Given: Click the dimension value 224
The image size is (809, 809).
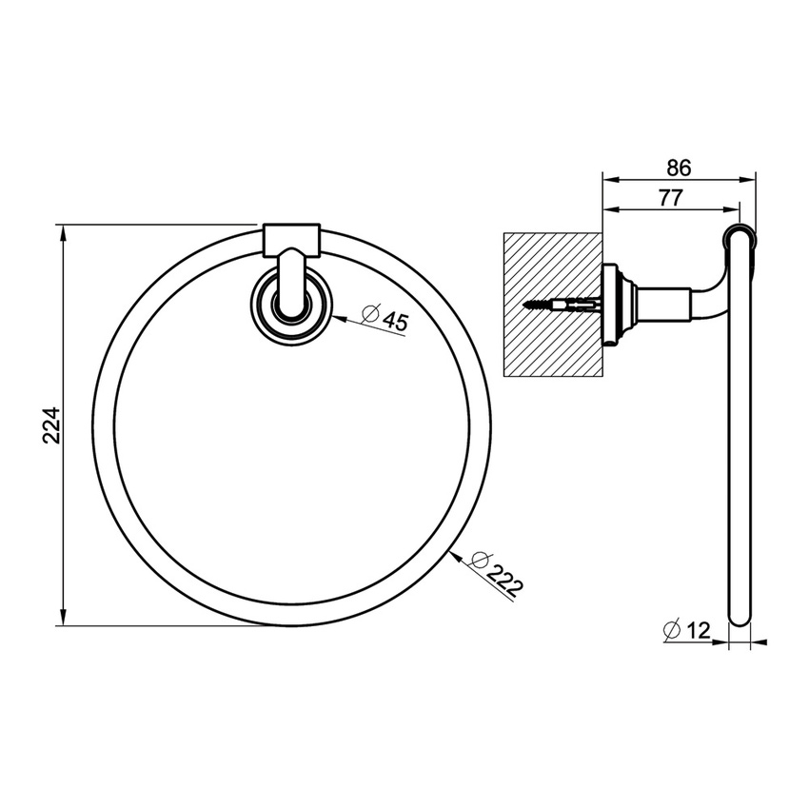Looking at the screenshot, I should (x=53, y=425).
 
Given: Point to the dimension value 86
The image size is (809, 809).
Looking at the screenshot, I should (x=678, y=168).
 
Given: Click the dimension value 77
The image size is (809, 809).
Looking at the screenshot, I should (x=673, y=198).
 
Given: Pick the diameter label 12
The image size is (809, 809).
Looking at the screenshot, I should (x=699, y=629).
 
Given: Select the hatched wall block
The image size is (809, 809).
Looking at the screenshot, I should (x=551, y=305).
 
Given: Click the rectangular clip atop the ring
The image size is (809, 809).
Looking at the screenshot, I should (x=290, y=239).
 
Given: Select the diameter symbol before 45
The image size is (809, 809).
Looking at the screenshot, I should (x=370, y=312).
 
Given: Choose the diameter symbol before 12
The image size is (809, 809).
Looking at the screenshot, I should (x=671, y=629).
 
